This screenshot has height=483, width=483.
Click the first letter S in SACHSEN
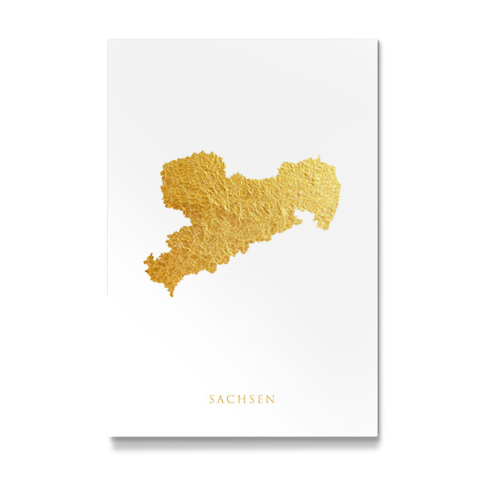pos(213,398)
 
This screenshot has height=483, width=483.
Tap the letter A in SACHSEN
pos(222,398)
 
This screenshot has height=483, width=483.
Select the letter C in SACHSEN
pos(232,398)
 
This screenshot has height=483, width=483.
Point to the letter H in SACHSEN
pos(242,398)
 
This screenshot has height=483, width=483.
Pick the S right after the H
pos(252,398)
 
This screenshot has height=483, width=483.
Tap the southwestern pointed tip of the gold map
pos(171,294)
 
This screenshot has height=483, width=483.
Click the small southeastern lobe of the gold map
pos(323,223)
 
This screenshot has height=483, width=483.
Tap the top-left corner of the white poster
pos(109,40)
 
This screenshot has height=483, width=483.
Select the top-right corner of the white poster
pos(377,40)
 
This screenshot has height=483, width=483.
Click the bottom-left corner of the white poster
pos(109,436)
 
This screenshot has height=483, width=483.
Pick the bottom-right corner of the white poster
pos(377,436)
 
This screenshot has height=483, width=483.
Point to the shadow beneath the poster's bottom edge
pos(242,441)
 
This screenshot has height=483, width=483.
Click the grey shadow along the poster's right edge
pos(380,242)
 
